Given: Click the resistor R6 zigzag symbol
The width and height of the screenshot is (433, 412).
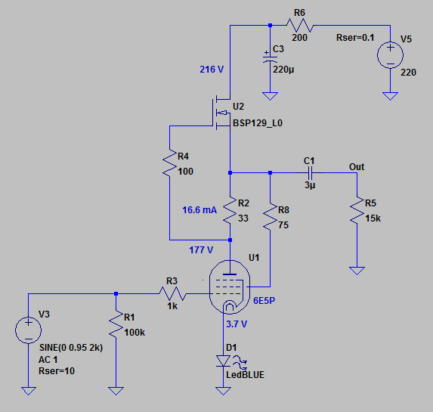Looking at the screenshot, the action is tap(299, 25).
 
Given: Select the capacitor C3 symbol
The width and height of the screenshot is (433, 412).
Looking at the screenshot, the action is tap(270, 58).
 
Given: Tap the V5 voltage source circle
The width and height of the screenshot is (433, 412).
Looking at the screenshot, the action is tap(390, 55).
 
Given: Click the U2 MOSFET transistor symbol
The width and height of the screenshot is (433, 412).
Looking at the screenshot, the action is tap(221, 113).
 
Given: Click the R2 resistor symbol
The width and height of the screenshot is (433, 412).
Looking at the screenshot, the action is tap(230, 210).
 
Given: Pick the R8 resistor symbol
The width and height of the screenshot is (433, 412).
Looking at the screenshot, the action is tap(270, 217).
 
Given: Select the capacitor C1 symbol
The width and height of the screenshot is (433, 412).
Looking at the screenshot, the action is tap(310, 173).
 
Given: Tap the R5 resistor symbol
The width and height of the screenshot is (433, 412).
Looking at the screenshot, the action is tap(357, 210).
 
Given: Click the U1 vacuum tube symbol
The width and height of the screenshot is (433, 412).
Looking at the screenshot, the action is tap(230, 287).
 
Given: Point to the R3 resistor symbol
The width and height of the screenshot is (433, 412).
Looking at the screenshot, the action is tap(172, 294).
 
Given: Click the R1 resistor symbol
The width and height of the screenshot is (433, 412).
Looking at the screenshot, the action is tap(116, 324).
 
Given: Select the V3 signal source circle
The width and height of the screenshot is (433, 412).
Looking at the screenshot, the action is tap(28, 330).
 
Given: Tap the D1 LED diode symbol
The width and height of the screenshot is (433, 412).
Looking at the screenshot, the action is tap(223, 361).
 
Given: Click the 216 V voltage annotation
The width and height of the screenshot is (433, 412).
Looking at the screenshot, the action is tap(212, 70).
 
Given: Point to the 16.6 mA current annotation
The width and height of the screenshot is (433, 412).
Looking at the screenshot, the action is tap(199, 210).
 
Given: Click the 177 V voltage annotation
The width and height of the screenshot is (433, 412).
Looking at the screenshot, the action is tap(201, 250).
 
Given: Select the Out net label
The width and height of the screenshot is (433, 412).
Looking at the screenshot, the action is tap(357, 167).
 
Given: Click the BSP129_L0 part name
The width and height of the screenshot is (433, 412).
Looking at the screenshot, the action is tap(258, 123).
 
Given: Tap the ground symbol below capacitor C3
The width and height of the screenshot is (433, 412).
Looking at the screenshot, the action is tap(270, 96).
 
